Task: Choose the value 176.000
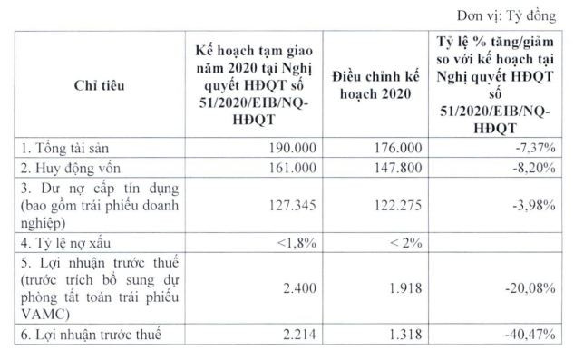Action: (x=394, y=146)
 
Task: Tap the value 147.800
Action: (x=394, y=167)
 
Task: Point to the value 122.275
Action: (x=394, y=204)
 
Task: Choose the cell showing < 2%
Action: (x=399, y=244)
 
